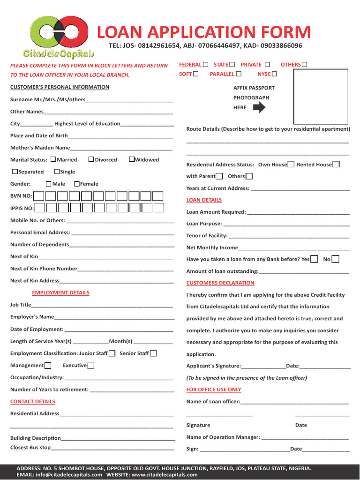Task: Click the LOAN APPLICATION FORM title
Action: click(x=204, y=32)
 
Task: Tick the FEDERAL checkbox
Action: click(x=206, y=64)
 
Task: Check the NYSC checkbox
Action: click(x=274, y=74)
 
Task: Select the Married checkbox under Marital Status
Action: click(x=53, y=159)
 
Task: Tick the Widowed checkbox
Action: click(x=132, y=159)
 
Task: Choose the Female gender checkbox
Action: click(x=77, y=184)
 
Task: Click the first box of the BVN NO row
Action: click(x=39, y=196)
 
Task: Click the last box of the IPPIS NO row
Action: click(x=159, y=208)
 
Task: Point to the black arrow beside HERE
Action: click(x=259, y=108)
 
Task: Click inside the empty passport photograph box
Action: click(x=321, y=96)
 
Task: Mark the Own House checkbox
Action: click(x=291, y=165)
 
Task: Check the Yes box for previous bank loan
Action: click(x=314, y=259)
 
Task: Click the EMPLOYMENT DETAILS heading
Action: click(x=60, y=292)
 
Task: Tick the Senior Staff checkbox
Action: click(x=153, y=353)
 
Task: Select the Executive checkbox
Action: click(x=91, y=366)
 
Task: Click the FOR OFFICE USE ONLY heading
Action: click(x=214, y=390)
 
